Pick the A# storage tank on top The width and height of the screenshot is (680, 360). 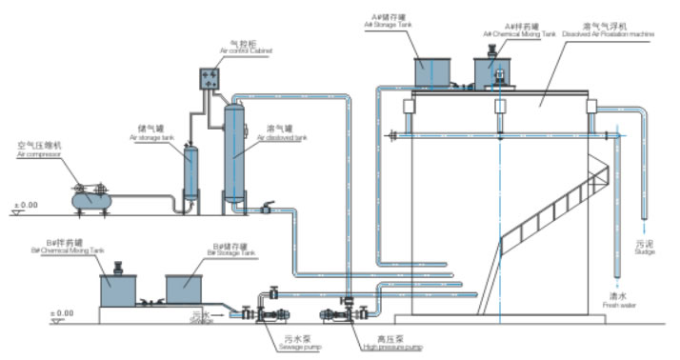tap(438, 72)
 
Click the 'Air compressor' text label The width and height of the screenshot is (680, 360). tap(38, 152)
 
